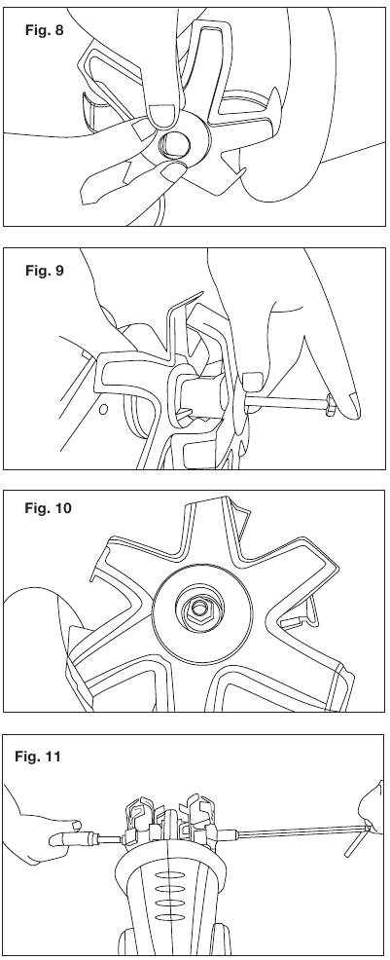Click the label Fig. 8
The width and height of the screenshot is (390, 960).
click(44, 29)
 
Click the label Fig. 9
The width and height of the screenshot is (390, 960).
click(44, 270)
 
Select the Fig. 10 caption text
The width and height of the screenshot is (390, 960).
click(48, 508)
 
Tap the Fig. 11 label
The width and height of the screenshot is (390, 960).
click(38, 757)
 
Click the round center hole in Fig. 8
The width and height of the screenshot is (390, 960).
click(174, 144)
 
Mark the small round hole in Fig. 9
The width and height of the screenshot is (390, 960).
click(103, 408)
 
